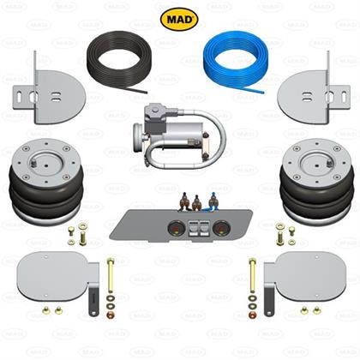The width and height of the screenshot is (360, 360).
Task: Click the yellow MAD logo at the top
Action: [x=179, y=20]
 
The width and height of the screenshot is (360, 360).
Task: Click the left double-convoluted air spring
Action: [x=46, y=183]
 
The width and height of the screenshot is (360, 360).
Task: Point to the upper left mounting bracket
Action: [x=49, y=94]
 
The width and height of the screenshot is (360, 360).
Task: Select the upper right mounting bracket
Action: [x=311, y=94]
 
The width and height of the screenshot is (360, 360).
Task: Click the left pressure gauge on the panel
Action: [x=176, y=228]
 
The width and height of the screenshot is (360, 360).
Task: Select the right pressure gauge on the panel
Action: [x=221, y=228]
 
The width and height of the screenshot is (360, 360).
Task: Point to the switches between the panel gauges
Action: [x=199, y=228]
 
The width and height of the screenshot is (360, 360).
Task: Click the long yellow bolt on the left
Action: [x=111, y=275]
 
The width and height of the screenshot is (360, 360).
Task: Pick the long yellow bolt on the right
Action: [x=252, y=275]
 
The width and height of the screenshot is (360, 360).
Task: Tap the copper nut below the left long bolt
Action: [x=110, y=315]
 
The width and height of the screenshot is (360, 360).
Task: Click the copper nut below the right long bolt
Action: [x=253, y=315]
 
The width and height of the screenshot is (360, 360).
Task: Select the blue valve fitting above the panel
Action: [x=213, y=201]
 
